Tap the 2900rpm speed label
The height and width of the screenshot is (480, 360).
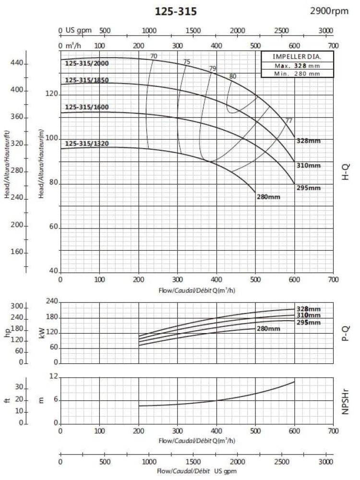tap(330, 11)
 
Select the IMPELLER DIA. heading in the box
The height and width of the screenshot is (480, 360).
tap(290, 57)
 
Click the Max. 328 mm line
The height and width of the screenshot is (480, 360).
tap(290, 65)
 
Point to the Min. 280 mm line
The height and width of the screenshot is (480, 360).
tap(290, 73)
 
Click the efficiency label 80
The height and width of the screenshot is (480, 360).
tap(233, 76)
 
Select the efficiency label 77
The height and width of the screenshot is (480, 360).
tap(289, 120)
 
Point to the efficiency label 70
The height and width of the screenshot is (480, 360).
tap(154, 57)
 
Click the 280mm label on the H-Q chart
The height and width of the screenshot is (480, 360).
tap(268, 197)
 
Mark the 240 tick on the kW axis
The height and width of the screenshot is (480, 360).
tap(51, 301)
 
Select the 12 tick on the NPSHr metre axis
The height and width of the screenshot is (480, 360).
tap(54, 378)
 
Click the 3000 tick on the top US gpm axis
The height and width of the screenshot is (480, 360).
tap(326, 31)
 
